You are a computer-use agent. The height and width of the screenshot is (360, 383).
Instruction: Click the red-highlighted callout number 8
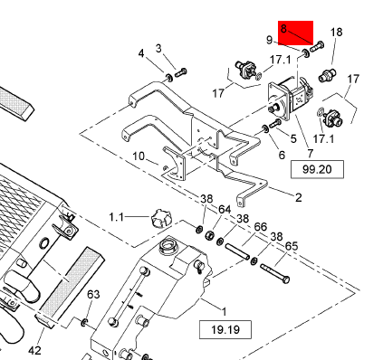click(283, 29)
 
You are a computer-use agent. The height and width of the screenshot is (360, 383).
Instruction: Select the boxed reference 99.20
click(317, 169)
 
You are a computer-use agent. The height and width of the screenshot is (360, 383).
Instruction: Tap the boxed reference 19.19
click(225, 329)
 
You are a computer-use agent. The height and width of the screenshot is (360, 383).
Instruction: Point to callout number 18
click(337, 32)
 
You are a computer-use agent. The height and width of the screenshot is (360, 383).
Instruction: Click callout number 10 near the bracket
click(139, 156)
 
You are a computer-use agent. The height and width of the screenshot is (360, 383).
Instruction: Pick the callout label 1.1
click(117, 217)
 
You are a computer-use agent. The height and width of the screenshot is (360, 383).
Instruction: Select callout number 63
click(93, 294)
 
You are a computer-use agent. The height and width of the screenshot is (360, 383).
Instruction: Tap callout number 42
click(34, 350)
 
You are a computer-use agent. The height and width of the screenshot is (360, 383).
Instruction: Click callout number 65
click(292, 246)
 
